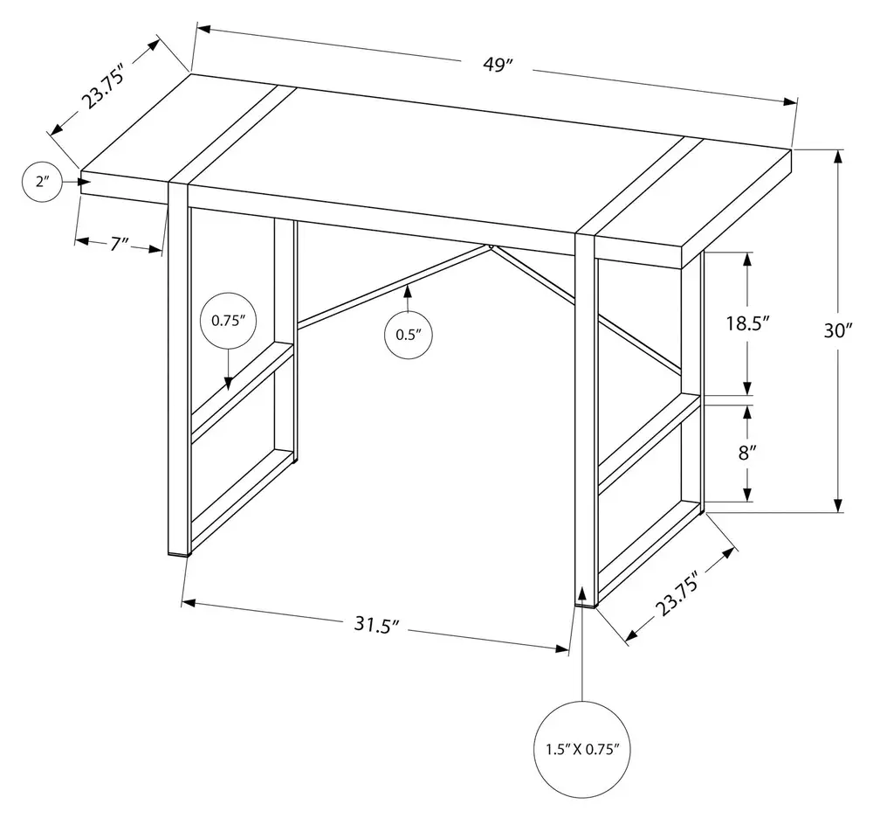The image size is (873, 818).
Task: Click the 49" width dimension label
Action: pyautogui.click(x=498, y=65)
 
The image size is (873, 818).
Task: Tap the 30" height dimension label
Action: pyautogui.click(x=838, y=330)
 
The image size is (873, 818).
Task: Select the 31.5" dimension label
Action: pyautogui.click(x=377, y=625)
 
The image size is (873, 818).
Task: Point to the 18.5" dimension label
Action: pyautogui.click(x=747, y=323)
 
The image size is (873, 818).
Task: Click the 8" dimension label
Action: pyautogui.click(x=746, y=453)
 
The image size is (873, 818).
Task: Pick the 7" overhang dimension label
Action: pyautogui.click(x=119, y=244)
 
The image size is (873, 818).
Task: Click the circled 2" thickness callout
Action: pyautogui.click(x=42, y=182)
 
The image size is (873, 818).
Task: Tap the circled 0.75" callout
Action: pyautogui.click(x=228, y=321)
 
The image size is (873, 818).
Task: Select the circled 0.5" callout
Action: pyautogui.click(x=409, y=335)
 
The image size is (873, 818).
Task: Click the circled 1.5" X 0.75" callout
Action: pyautogui.click(x=582, y=749)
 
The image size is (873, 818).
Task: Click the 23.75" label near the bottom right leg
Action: pyautogui.click(x=677, y=597)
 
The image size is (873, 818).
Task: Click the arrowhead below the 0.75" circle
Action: pyautogui.click(x=228, y=384)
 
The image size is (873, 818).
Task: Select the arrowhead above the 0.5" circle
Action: pyautogui.click(x=408, y=291)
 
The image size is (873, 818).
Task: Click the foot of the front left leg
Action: pyautogui.click(x=179, y=554)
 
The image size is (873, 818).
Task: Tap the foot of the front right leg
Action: pyautogui.click(x=586, y=604)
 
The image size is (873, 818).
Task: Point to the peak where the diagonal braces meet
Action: pyautogui.click(x=491, y=246)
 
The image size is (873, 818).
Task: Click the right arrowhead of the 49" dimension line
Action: pyautogui.click(x=791, y=102)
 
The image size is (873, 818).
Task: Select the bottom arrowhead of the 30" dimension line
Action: pyautogui.click(x=838, y=505)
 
